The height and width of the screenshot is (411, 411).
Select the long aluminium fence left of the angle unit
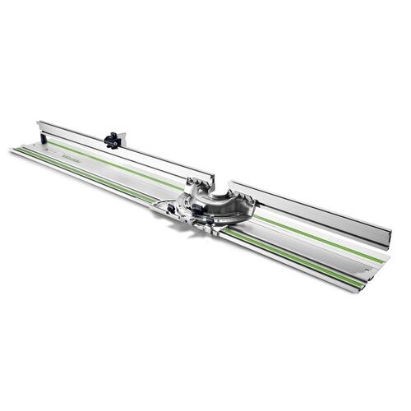123,152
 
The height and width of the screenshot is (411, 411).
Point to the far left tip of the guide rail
13,150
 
